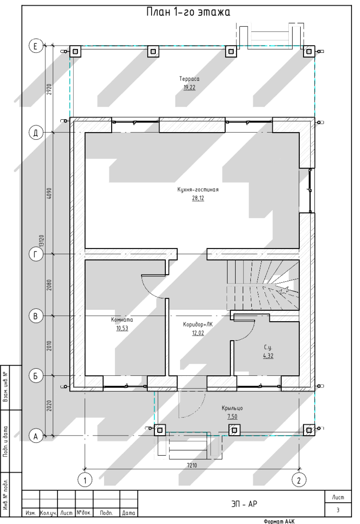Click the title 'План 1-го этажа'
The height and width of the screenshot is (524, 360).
pos(189,12)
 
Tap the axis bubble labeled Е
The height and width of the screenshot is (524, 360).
pos(36,46)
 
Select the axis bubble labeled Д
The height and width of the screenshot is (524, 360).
pos(36,133)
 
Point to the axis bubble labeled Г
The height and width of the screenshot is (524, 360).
pos(36,255)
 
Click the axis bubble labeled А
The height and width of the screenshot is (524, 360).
pos(36,436)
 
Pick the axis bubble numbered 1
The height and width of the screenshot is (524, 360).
pos(85,480)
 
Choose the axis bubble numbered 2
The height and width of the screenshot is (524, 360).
pos(299,480)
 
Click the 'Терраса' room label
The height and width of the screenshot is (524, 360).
pos(189,79)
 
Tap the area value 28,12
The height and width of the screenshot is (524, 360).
pos(198,198)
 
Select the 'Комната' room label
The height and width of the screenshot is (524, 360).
pos(122,319)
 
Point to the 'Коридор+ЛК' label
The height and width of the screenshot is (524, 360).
pos(198,324)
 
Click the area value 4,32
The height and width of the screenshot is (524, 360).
pos(268,355)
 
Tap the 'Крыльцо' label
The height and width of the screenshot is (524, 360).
pos(232,408)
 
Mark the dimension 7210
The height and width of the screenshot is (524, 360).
pos(192,465)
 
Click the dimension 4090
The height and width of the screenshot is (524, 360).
pos(49,193)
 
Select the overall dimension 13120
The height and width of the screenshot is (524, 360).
pos(41,241)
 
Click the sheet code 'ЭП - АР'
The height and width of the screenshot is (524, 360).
pos(244,504)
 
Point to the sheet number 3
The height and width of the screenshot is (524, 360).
pos(338,510)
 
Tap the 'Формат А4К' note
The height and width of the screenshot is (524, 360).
pos(279,521)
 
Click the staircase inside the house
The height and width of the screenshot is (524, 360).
pos(263,285)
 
